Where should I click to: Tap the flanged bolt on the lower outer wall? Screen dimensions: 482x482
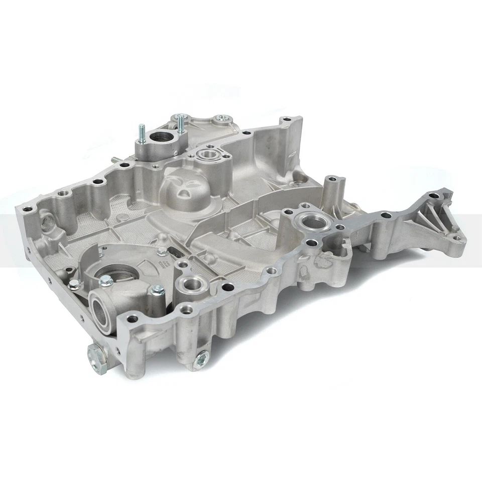pos(201,359)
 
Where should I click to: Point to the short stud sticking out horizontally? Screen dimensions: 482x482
pos(116,160)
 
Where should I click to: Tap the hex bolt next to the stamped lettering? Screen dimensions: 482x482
pos(162,252)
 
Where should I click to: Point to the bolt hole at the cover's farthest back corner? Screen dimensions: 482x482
pos(287,119)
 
